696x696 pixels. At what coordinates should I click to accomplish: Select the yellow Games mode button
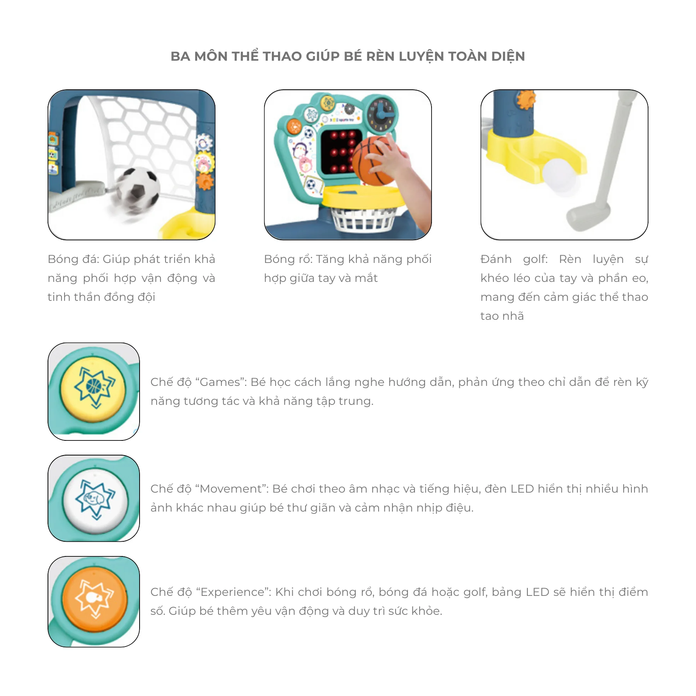(x=93, y=388)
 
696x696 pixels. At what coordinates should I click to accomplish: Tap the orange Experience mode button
(x=95, y=599)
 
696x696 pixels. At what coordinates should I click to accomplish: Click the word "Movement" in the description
(x=231, y=489)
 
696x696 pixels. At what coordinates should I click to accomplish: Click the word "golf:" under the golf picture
(x=536, y=259)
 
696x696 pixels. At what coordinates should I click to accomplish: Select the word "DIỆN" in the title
(x=508, y=57)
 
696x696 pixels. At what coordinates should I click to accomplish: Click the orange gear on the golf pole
(x=526, y=100)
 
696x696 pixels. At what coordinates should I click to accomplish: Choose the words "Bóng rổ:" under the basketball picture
(x=288, y=259)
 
